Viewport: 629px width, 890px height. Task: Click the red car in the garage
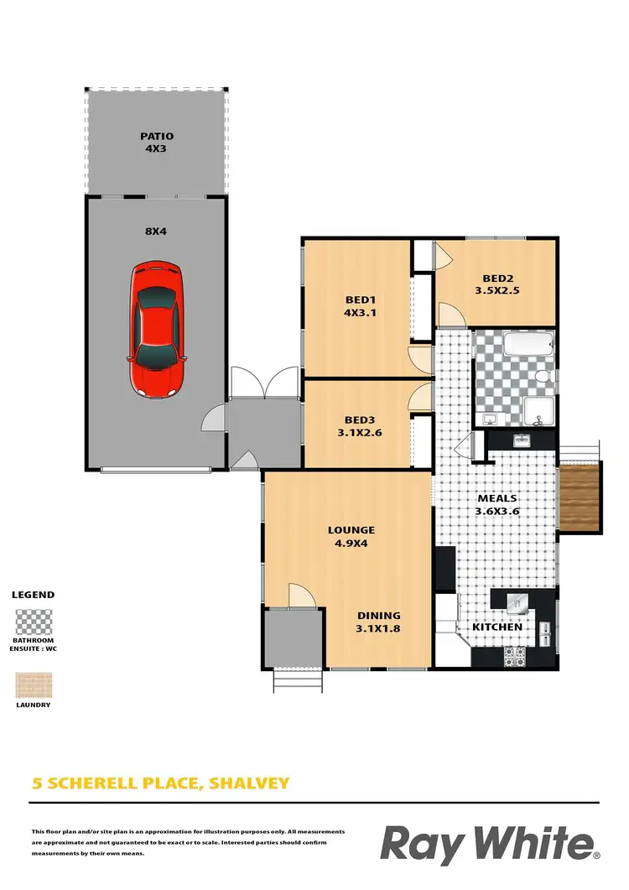click(157, 329)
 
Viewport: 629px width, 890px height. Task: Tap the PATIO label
click(157, 136)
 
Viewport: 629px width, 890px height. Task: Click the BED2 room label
click(498, 280)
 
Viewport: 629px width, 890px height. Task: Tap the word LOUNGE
click(351, 529)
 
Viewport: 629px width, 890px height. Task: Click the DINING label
click(379, 615)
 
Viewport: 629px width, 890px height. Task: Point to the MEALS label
click(497, 498)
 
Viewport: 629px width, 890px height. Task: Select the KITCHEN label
click(496, 627)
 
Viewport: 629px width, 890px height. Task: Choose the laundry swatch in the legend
click(33, 685)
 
